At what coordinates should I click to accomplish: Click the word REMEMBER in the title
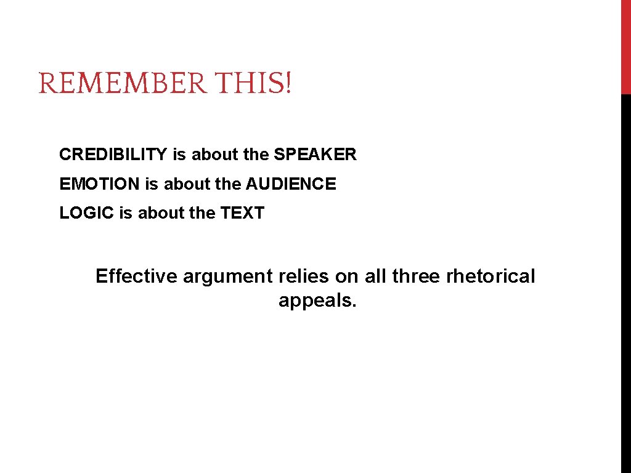(123, 83)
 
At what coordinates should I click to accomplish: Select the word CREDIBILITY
(113, 155)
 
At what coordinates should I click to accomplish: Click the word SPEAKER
(315, 155)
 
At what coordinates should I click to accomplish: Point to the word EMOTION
(100, 184)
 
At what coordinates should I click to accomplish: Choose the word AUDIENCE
(291, 184)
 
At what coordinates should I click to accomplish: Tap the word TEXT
(242, 214)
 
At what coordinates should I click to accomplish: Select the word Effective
(136, 276)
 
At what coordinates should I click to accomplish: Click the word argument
(227, 277)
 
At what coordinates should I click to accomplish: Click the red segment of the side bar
(625, 47)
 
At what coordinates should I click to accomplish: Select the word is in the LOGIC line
(126, 214)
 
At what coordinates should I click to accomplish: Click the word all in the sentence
(375, 276)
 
